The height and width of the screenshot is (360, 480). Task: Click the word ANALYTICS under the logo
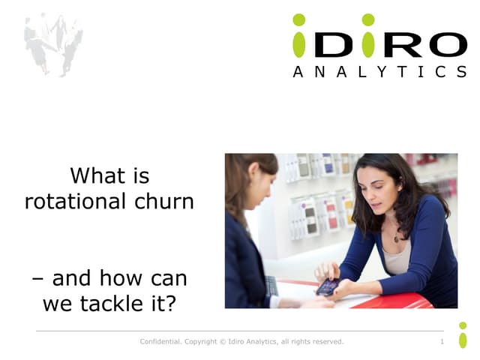click(379, 72)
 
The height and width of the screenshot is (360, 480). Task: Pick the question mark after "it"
click(179, 304)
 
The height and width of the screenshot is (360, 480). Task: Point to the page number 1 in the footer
click(442, 342)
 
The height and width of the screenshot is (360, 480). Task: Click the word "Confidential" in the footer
click(160, 342)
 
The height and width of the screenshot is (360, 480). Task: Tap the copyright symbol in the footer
click(223, 342)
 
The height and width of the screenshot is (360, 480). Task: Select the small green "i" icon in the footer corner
click(463, 335)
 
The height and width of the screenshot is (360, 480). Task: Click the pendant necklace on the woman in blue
click(395, 238)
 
